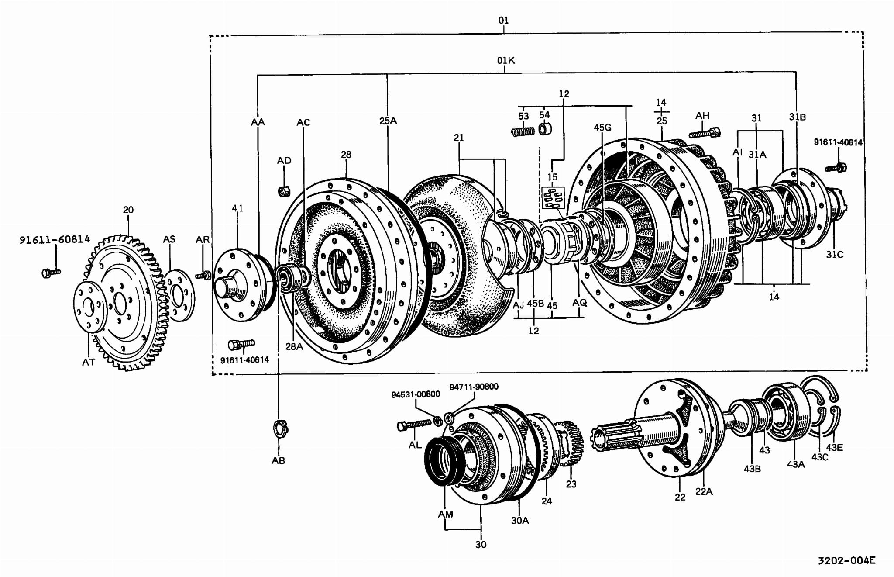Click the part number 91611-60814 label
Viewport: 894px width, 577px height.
click(55, 239)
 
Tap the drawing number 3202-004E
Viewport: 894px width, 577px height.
click(846, 560)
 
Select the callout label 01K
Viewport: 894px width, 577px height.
click(506, 60)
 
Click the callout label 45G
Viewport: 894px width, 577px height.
click(602, 127)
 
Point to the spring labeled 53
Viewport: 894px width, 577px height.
click(523, 131)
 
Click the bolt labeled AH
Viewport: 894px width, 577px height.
click(705, 133)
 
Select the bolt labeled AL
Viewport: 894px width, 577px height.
click(414, 424)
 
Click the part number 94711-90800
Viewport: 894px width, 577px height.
click(474, 387)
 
